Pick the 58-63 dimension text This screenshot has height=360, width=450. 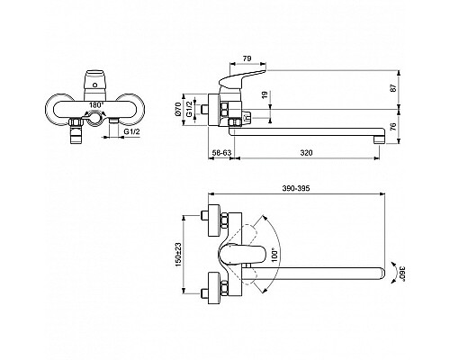coord(221,154)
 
